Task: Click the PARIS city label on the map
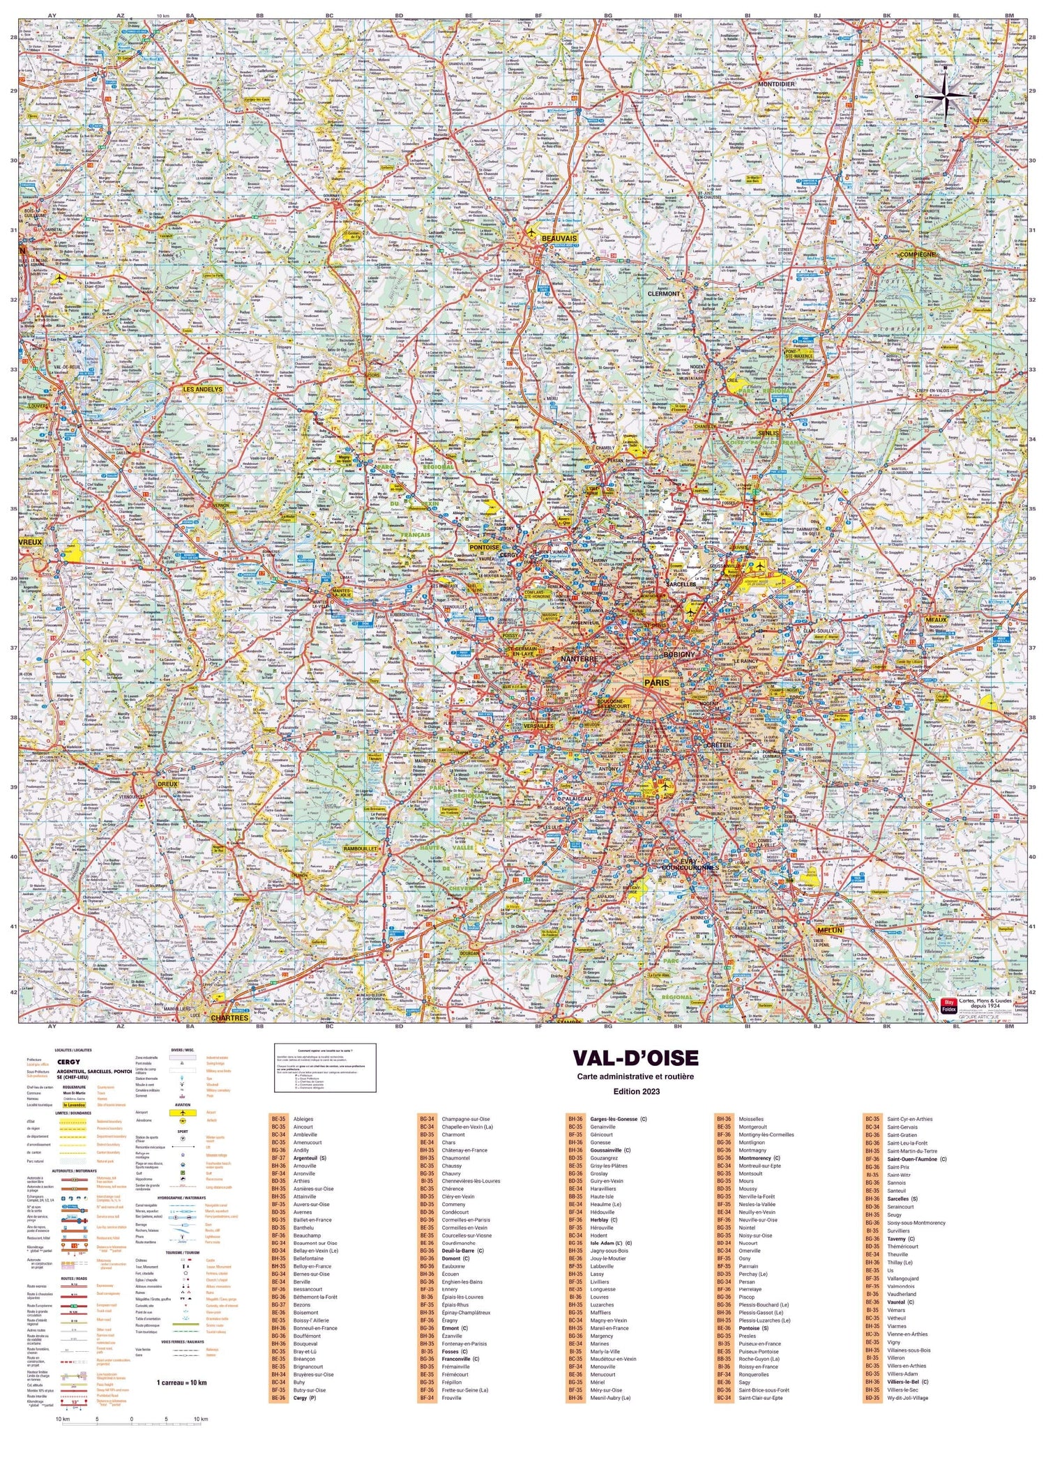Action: [x=656, y=683]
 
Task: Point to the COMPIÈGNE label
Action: [x=917, y=254]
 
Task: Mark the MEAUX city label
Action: [x=935, y=619]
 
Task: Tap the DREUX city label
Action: [x=167, y=784]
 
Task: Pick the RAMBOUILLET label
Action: [x=361, y=849]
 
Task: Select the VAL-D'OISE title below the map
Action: [x=635, y=1058]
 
